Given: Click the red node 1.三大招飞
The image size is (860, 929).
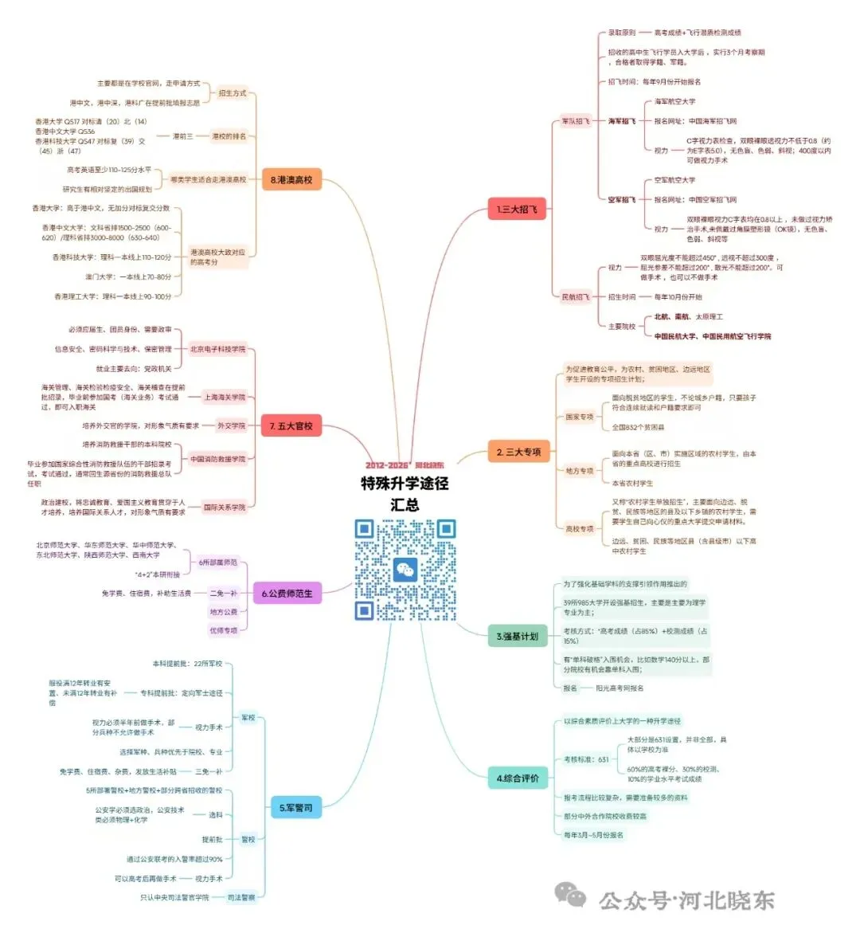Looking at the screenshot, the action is pos(517,210).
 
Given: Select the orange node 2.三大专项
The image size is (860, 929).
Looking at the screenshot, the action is pos(518,452).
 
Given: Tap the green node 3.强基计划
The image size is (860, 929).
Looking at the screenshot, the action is pos(518,637).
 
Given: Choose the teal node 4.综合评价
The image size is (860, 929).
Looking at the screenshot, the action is pos(518,778).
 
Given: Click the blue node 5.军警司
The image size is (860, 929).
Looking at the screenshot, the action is pos(296,808).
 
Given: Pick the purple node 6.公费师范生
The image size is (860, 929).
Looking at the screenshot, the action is pos(287,594).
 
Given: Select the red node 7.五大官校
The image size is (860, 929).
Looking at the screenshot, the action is pos(291,426).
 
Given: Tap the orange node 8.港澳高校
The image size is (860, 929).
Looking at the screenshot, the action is pos(291,180).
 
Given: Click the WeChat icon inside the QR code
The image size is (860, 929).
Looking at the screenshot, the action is pos(405,570).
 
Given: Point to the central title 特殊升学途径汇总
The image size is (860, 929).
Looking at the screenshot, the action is pos(405,494).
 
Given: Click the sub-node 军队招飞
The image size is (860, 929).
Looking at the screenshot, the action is pos(576,121).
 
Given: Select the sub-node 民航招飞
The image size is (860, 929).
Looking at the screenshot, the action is pos(576,297).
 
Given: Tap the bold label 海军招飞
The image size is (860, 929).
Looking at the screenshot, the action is pos(622,121).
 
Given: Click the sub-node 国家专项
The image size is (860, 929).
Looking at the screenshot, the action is pos(579,417).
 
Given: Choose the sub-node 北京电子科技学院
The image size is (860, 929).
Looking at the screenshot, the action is pos(218,349).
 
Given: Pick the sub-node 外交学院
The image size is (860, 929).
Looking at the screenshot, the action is pos(231,425).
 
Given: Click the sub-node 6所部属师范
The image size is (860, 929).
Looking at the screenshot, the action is pos(217,562).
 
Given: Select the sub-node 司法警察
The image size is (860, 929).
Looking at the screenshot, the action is pos(241,897).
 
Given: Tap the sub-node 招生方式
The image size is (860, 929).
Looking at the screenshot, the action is pos(232,93).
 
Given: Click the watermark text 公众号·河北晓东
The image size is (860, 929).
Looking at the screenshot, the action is pos(686,900).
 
